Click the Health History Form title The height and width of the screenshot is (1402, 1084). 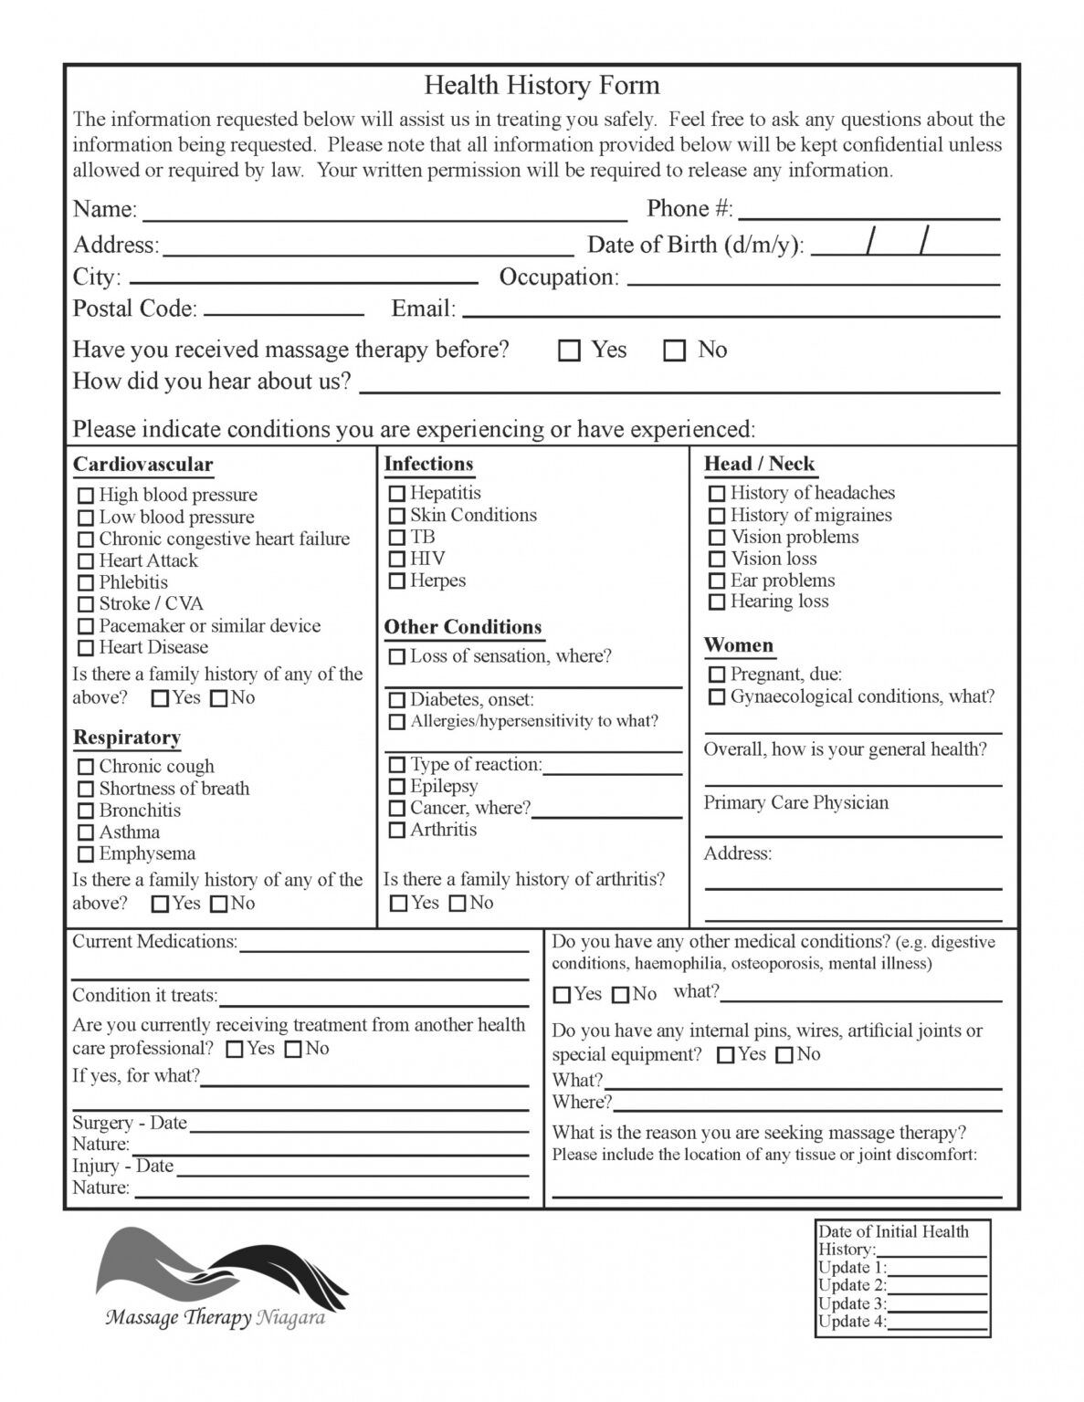pyautogui.click(x=542, y=86)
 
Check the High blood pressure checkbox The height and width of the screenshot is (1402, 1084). pyautogui.click(x=86, y=496)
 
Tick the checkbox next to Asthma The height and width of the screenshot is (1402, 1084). pyautogui.click(x=86, y=832)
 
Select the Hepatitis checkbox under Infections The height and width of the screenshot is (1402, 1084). pyautogui.click(x=397, y=494)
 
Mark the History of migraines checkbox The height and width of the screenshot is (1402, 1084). pyautogui.click(x=717, y=516)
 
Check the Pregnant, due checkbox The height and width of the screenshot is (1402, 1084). pyautogui.click(x=717, y=675)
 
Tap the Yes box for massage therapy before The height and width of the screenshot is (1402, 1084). pyautogui.click(x=569, y=350)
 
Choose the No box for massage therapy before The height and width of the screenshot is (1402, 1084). pyautogui.click(x=674, y=350)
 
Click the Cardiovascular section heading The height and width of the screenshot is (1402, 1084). pyautogui.click(x=142, y=465)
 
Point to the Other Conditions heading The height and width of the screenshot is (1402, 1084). pyautogui.click(x=462, y=627)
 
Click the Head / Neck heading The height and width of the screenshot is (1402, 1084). pyautogui.click(x=759, y=464)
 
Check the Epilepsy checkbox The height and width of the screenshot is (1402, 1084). pyautogui.click(x=397, y=787)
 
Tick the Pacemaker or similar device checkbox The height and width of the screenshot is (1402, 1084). pyautogui.click(x=86, y=627)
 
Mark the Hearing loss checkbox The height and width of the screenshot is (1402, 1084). pyautogui.click(x=717, y=602)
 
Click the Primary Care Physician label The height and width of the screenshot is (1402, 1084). pyautogui.click(x=795, y=803)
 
